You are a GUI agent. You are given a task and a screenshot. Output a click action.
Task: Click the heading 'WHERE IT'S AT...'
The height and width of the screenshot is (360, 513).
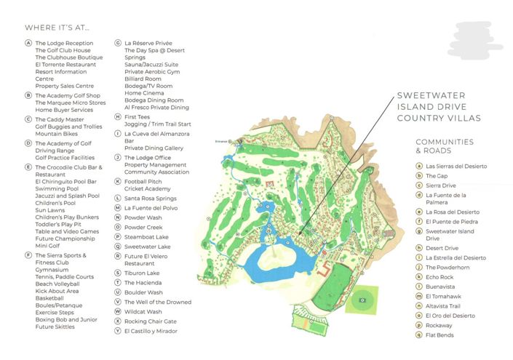(x=57, y=28)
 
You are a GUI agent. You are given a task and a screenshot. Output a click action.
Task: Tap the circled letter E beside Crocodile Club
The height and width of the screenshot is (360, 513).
(x=28, y=167)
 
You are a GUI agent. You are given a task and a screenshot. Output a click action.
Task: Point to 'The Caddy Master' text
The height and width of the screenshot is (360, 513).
(x=60, y=119)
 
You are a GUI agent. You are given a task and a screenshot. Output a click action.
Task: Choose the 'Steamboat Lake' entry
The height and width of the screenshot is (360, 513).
(x=148, y=236)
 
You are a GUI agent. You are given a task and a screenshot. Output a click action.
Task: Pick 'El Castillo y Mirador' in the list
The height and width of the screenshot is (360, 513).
(x=151, y=331)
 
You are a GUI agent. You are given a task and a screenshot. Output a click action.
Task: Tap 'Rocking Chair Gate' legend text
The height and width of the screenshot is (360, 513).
(x=151, y=321)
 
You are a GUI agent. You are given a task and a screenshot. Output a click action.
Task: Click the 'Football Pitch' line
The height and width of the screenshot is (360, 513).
(x=145, y=180)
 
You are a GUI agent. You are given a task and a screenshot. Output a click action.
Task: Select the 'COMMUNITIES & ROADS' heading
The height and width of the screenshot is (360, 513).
(x=445, y=146)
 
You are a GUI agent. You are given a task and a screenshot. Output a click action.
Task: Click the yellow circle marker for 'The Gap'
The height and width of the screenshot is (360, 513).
(x=418, y=176)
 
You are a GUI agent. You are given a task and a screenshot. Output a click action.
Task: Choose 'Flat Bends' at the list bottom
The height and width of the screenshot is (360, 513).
(x=440, y=335)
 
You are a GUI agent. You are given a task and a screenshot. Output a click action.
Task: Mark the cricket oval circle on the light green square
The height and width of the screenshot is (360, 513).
(x=362, y=299)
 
